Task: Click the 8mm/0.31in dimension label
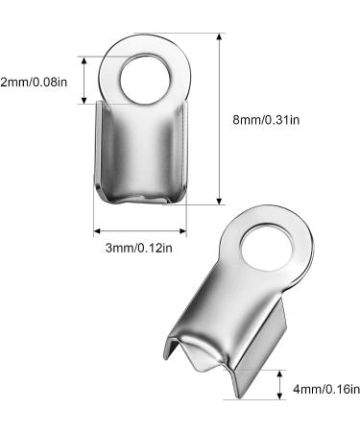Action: (x=266, y=120)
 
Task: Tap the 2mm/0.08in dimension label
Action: (x=34, y=83)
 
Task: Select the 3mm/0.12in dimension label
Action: (x=139, y=248)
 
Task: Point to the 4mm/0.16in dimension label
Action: (x=326, y=390)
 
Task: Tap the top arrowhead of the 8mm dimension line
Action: (x=219, y=36)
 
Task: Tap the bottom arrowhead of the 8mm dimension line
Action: (x=219, y=202)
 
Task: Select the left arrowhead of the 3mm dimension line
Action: (x=97, y=231)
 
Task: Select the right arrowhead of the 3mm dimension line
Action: (x=183, y=231)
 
